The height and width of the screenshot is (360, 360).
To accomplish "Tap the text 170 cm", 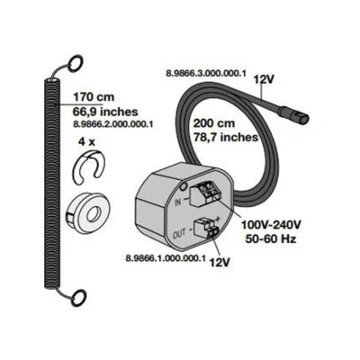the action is coord(94,97).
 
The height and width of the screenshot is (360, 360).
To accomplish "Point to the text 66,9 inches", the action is coord(105,112).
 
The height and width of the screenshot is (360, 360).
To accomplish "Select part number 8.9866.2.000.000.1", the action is coord(112,123).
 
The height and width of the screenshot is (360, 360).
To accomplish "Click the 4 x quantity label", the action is coord(86,141).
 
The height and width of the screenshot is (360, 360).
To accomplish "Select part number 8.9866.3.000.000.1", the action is coord(206,74).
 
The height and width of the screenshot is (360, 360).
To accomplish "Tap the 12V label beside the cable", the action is coord(264,80).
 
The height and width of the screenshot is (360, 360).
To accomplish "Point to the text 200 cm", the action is coord(214,123).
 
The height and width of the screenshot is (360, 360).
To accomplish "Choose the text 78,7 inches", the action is coord(225,138).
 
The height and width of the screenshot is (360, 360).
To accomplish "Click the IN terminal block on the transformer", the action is coord(206,194).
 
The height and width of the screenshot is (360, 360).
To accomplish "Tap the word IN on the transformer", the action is coord(178,202).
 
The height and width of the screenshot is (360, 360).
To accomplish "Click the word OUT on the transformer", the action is coord(180,234).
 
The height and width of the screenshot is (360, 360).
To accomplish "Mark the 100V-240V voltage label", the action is coord(271,225).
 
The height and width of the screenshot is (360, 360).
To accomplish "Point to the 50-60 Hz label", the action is coord(271,238).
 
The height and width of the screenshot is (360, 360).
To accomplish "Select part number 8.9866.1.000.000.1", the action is coord(166,258).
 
